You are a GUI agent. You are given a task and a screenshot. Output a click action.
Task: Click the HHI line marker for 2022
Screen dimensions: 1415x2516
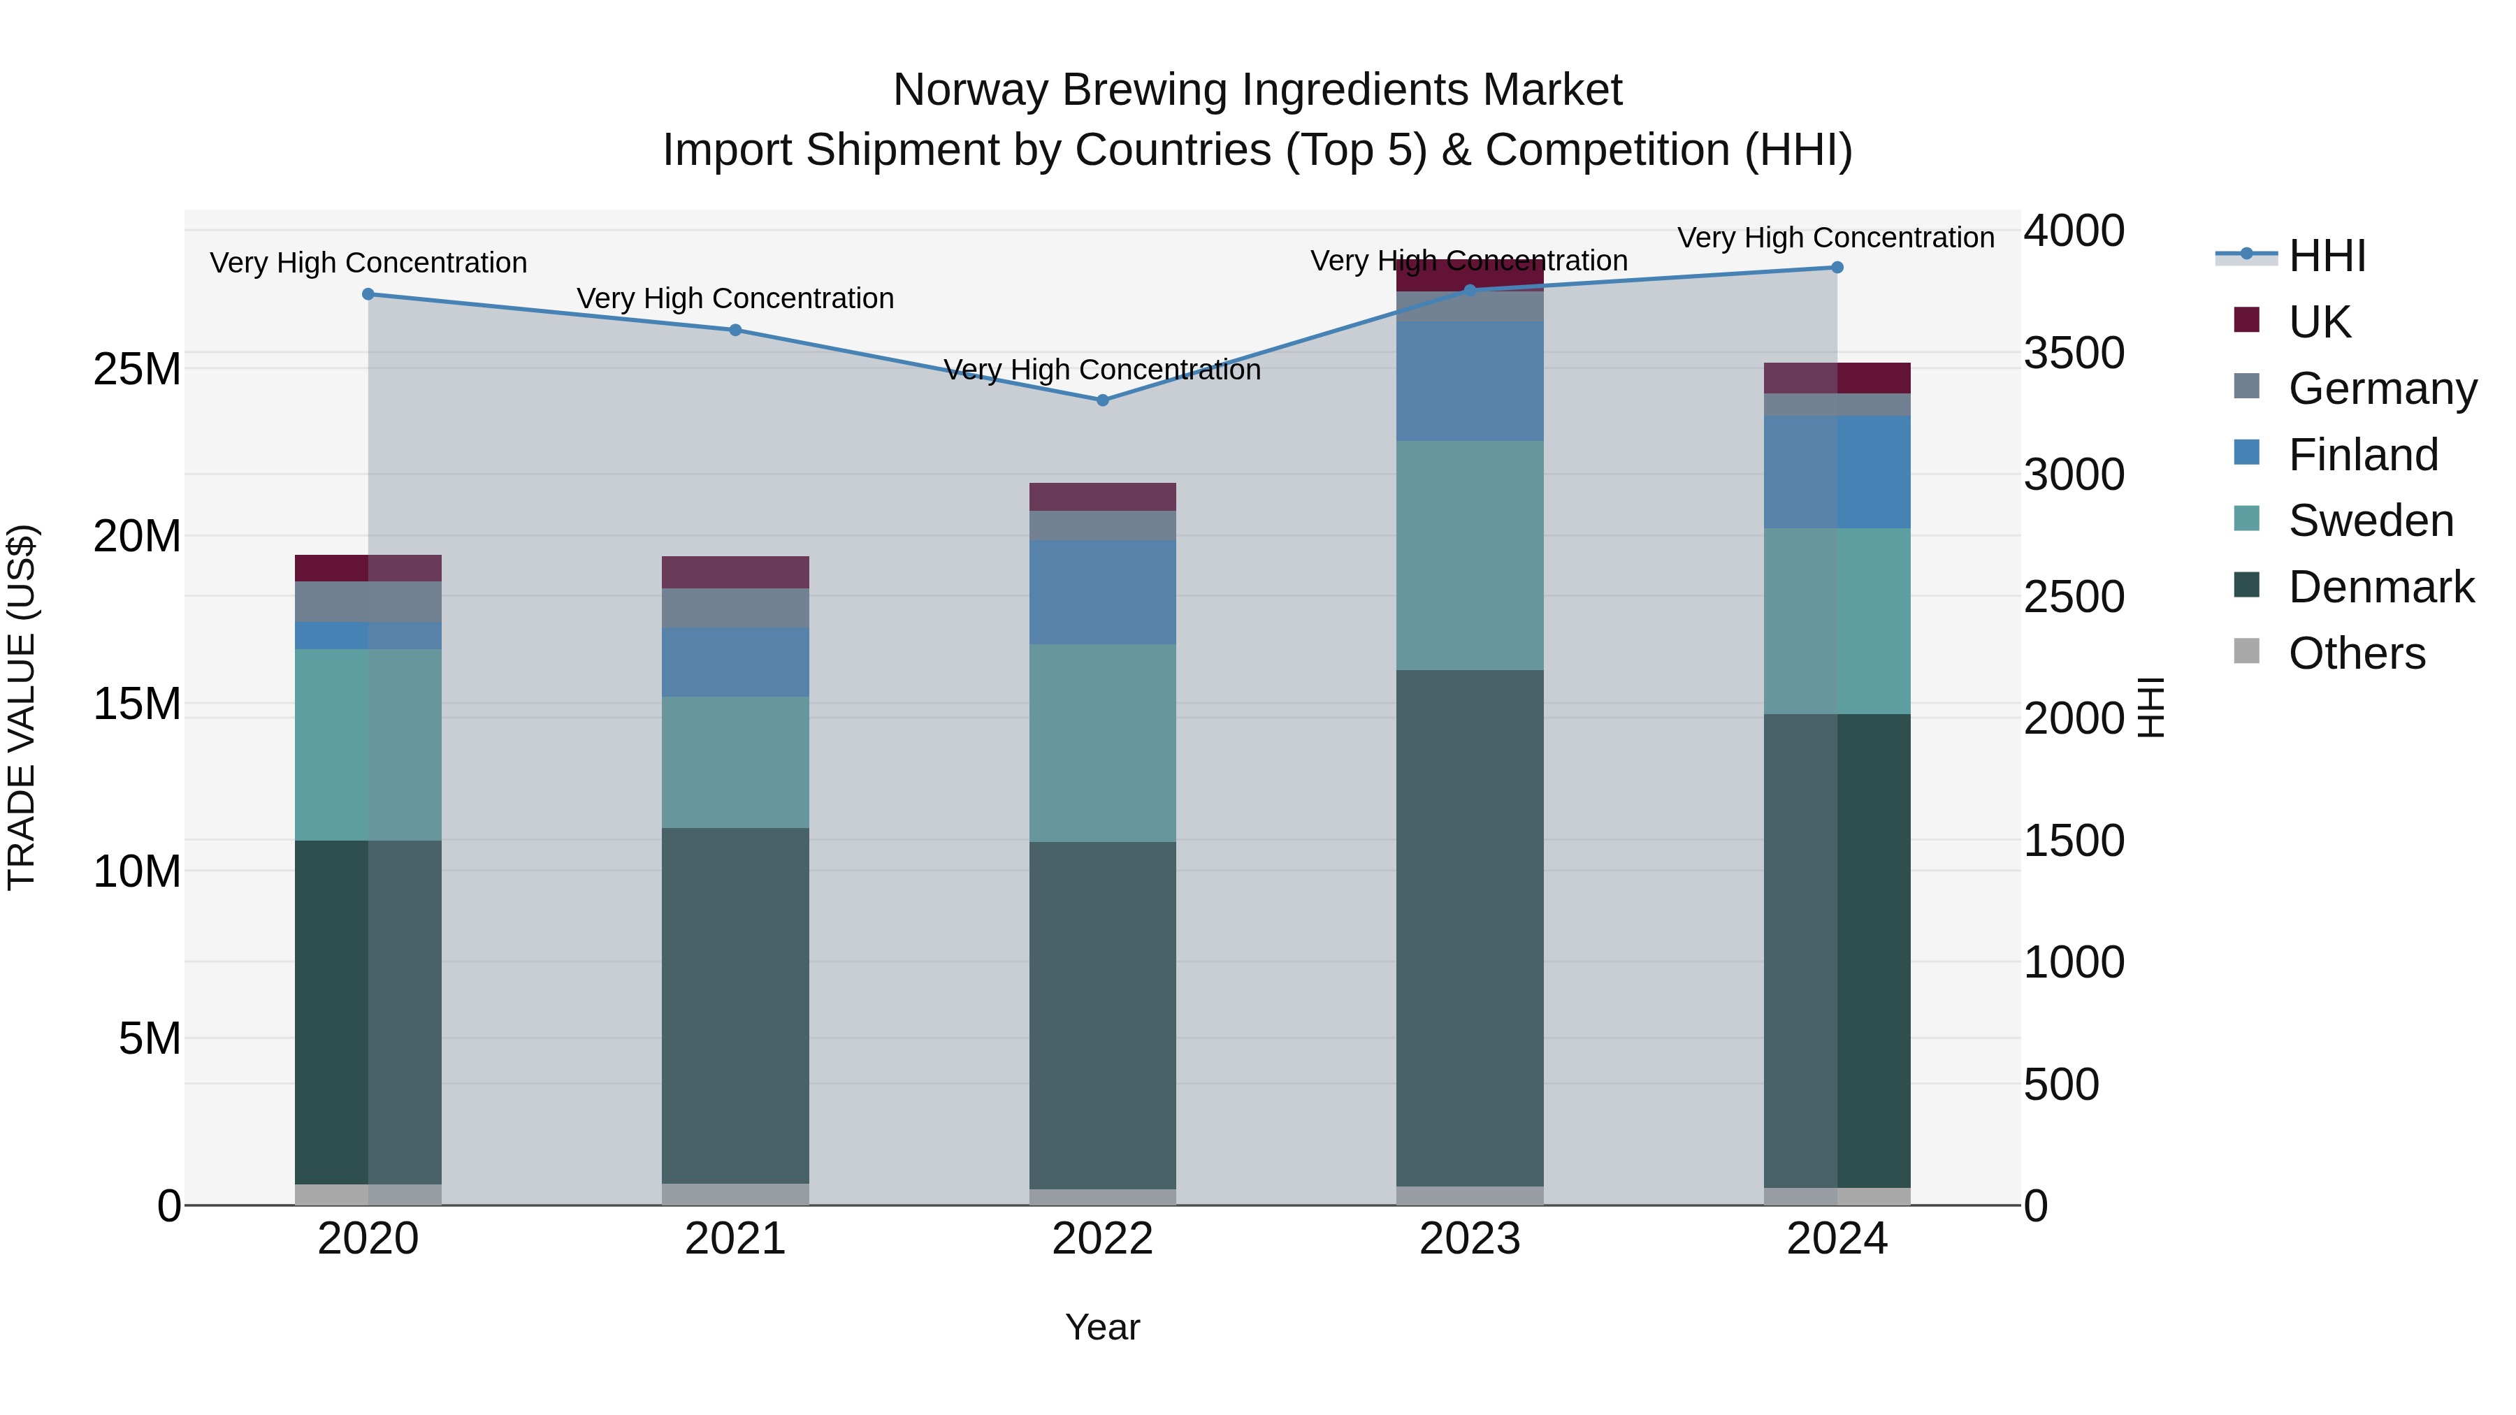click(1103, 400)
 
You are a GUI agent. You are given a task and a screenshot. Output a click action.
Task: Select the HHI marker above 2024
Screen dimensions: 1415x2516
click(1837, 268)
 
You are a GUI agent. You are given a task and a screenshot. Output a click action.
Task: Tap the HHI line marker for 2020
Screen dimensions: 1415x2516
click(368, 294)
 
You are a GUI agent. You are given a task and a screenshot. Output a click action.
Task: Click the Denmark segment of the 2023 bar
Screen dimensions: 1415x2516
click(1470, 928)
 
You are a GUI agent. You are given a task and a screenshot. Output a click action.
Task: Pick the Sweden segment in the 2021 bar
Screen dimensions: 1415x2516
click(735, 762)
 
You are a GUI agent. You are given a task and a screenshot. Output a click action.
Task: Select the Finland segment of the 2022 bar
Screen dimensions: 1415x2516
click(1103, 592)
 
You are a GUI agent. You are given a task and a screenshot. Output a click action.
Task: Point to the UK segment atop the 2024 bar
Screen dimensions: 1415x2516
click(1837, 378)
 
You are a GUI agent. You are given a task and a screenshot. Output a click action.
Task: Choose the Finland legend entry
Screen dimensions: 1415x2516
click(2363, 455)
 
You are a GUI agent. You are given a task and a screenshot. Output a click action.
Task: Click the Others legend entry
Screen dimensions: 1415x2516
click(2356, 653)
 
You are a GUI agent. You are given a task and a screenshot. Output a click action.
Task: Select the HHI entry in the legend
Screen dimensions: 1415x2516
click(2327, 256)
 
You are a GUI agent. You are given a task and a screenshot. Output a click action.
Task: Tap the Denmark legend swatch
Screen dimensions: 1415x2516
click(2246, 586)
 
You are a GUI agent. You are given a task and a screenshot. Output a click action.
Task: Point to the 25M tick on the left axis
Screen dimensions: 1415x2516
click(137, 369)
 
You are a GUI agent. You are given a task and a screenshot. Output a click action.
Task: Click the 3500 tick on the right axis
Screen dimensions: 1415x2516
click(2074, 353)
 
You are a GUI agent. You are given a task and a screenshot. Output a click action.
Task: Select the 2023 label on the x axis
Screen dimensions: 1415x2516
click(1470, 1239)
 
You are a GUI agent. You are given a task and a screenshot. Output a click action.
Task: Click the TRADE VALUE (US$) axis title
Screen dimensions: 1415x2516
click(22, 707)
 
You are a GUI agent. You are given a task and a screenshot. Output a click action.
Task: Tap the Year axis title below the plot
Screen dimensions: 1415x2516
click(1103, 1327)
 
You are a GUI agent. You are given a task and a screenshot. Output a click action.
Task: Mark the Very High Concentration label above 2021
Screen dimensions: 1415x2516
click(735, 298)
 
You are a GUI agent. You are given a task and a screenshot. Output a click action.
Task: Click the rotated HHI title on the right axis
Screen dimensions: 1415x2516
click(2152, 707)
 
